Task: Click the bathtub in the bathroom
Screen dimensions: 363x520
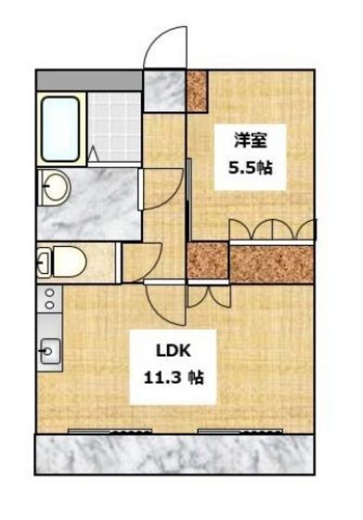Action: [x=60, y=129]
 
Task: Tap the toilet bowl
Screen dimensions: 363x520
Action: [x=70, y=262]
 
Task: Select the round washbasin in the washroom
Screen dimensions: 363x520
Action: [x=55, y=187]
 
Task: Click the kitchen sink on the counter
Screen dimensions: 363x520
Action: [x=50, y=351]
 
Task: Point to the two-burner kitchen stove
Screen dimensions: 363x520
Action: [x=50, y=299]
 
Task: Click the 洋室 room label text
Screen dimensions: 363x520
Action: [x=251, y=141]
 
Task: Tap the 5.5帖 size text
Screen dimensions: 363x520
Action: [x=250, y=168]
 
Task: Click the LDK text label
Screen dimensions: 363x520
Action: [x=174, y=351]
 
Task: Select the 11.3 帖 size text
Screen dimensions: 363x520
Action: [x=174, y=377]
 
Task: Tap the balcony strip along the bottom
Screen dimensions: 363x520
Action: [x=175, y=454]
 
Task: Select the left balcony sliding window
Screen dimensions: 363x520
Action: [x=110, y=431]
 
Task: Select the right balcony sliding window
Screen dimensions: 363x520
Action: [x=240, y=431]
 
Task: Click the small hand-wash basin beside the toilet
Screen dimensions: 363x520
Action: [x=44, y=262]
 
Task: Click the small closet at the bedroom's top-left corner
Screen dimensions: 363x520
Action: [x=197, y=91]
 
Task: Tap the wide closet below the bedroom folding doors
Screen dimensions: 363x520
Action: [x=272, y=264]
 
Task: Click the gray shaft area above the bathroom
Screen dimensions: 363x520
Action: [x=89, y=80]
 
